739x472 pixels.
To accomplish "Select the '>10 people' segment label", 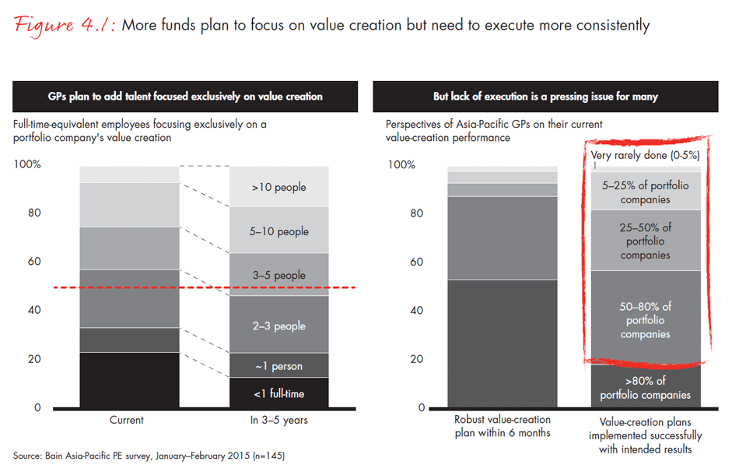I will pos(278,187).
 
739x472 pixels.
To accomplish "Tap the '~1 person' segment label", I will pos(278,366).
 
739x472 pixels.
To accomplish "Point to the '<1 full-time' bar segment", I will pos(278,393).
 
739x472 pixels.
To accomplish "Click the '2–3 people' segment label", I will pos(278,326).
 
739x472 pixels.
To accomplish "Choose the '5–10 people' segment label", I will pos(278,231).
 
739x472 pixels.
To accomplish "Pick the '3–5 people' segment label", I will pos(278,275).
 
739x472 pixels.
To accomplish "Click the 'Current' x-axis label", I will pos(128,420).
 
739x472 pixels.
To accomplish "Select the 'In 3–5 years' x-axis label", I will pos(278,420).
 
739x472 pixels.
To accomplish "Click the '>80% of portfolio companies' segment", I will pos(645,387).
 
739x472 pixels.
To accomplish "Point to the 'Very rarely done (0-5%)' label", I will pos(645,155).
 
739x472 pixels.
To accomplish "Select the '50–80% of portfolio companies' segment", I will pos(645,320).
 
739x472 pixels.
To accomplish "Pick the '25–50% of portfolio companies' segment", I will pos(645,241).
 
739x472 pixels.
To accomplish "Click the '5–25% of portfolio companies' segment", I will pos(645,192).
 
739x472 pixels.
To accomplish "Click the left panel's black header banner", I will pos(185,97).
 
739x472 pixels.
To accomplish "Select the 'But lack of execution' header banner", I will pos(546,97).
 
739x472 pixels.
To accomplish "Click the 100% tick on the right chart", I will pos(401,165).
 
